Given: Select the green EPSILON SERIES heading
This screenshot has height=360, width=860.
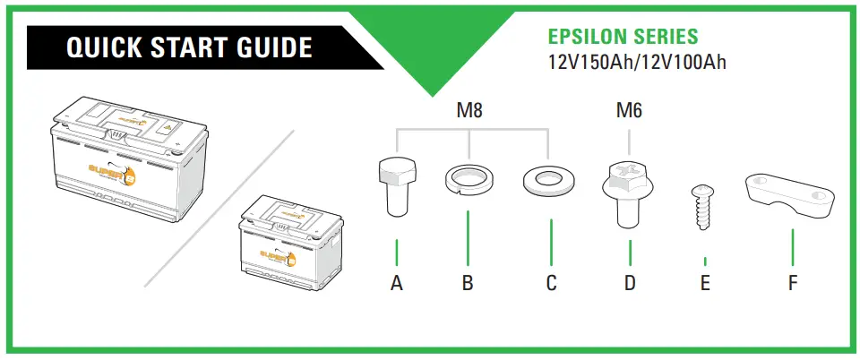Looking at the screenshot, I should tap(623, 38).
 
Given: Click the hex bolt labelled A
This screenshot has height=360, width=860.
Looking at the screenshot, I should tap(396, 185).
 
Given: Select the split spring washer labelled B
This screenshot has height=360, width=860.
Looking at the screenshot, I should tap(469, 179).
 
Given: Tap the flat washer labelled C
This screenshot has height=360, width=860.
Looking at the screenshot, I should tap(546, 180).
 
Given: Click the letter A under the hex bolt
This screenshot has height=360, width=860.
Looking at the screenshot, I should tap(396, 284).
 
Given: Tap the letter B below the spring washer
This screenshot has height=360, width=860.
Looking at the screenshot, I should tap(468, 284).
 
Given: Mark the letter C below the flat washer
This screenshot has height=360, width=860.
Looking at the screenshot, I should tap(551, 284).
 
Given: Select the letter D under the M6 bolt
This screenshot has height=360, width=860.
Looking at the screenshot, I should tap(630, 284).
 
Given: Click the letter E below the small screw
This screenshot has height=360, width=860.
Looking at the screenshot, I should tap(705, 284).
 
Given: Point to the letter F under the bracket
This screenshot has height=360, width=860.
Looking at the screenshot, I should tap(793, 284).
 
